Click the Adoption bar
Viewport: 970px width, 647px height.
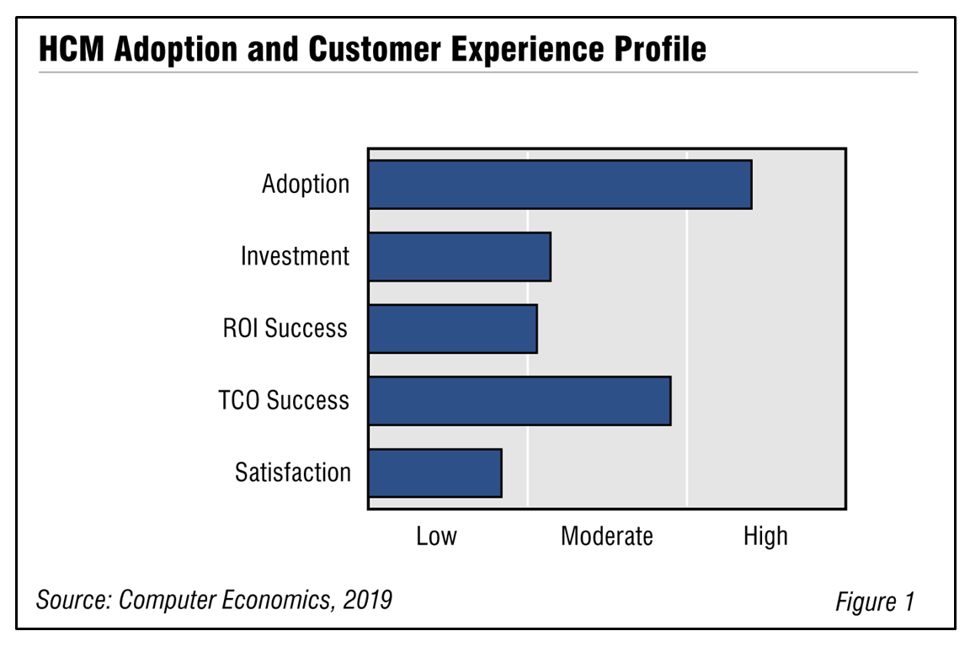(x=560, y=184)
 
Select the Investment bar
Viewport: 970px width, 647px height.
(x=460, y=256)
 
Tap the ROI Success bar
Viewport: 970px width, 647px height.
(x=453, y=329)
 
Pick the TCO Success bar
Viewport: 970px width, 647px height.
(x=520, y=400)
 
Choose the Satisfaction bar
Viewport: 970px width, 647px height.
(x=435, y=473)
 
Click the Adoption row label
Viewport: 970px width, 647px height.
(x=306, y=184)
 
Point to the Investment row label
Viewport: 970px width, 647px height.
(x=295, y=256)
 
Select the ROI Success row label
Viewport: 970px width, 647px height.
(x=285, y=329)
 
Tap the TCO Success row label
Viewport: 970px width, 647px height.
(x=284, y=400)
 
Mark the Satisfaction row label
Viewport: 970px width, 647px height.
(x=293, y=473)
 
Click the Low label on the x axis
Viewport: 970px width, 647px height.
(x=436, y=536)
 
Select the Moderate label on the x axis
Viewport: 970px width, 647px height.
(x=606, y=536)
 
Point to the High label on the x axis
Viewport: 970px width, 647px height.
(x=765, y=536)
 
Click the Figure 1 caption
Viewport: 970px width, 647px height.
(x=874, y=602)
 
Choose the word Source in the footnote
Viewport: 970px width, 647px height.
(x=73, y=600)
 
